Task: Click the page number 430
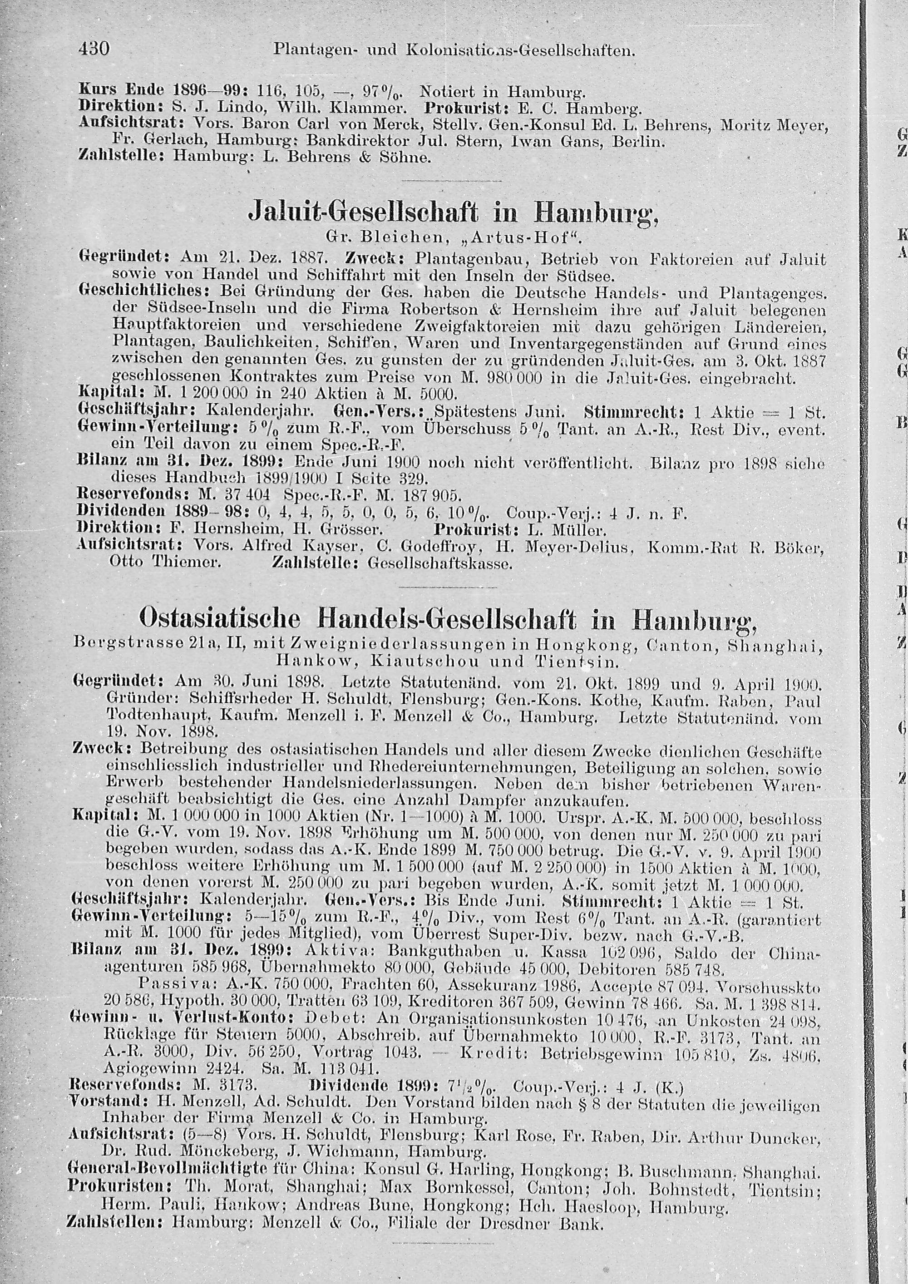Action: [94, 50]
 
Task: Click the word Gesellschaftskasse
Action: [440, 563]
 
